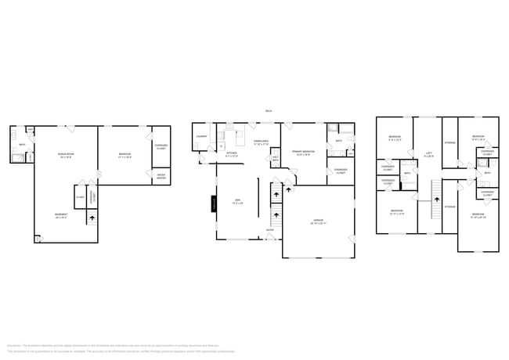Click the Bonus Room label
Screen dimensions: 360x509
(x=67, y=155)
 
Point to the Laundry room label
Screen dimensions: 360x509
(x=201, y=136)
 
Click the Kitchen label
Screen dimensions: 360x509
(x=232, y=153)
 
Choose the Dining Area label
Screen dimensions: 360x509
(x=261, y=142)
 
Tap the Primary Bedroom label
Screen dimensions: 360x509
(x=303, y=153)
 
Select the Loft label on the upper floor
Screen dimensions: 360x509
(x=428, y=153)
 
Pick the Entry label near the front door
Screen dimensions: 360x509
(x=270, y=241)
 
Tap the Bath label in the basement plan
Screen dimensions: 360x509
(x=23, y=145)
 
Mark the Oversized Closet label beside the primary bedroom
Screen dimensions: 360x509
(x=341, y=171)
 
